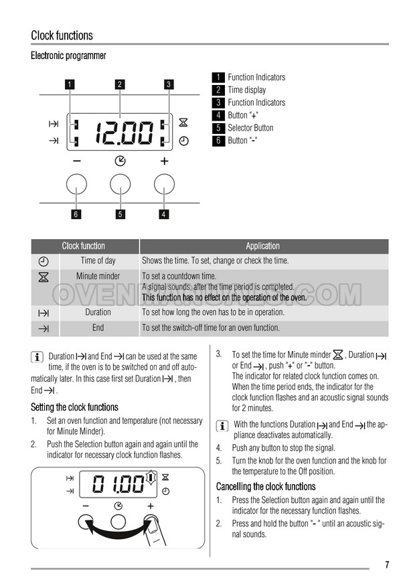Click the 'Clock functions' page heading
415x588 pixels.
click(x=62, y=35)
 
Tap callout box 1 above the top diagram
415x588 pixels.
click(x=70, y=84)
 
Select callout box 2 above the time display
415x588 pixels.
click(x=120, y=84)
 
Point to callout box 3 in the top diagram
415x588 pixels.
click(x=169, y=84)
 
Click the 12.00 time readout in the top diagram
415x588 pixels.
click(x=124, y=133)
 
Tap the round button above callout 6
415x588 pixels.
click(x=76, y=184)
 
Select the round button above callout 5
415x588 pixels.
click(x=120, y=184)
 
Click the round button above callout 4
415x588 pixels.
click(x=164, y=184)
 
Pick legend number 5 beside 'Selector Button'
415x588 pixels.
click(x=218, y=128)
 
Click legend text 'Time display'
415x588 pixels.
click(x=247, y=90)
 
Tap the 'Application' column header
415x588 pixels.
click(x=263, y=246)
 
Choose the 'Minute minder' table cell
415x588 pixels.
click(x=98, y=276)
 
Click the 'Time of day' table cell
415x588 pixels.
click(x=98, y=261)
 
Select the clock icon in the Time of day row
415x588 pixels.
click(x=44, y=261)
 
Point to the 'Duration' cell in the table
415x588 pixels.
click(x=98, y=312)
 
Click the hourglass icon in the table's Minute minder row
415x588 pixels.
click(x=44, y=277)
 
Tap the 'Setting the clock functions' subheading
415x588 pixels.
click(x=74, y=407)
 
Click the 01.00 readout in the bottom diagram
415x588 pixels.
click(x=118, y=484)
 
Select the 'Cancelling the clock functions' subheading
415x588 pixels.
click(x=266, y=486)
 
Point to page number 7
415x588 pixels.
click(x=387, y=565)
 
